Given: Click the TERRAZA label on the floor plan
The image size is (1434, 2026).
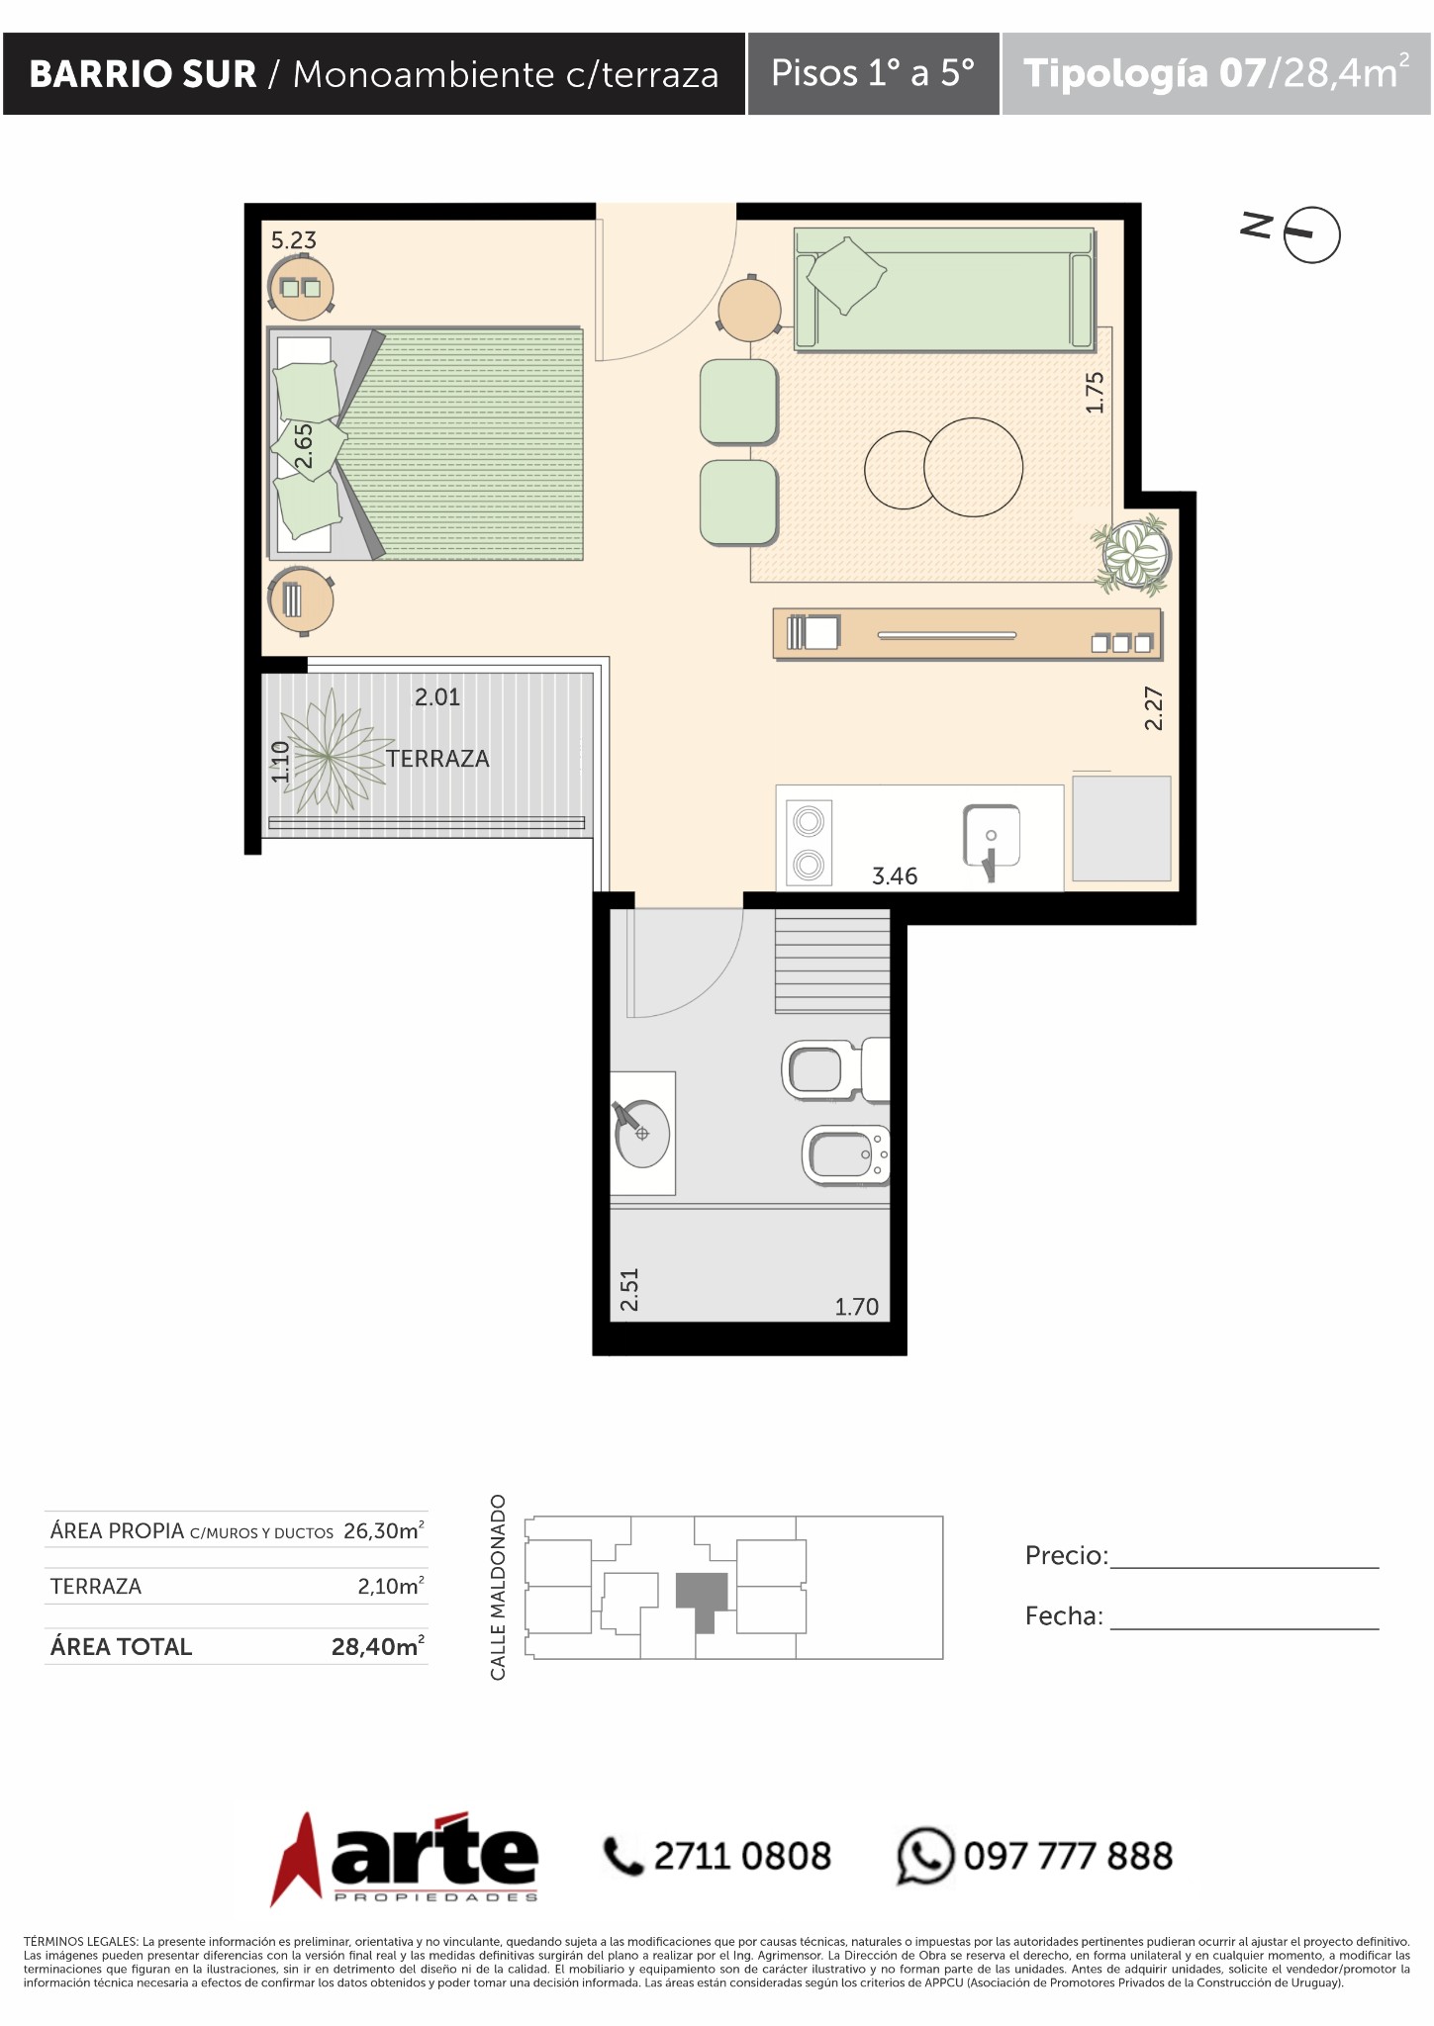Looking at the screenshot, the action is click(437, 759).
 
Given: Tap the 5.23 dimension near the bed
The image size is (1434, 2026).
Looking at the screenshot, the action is click(294, 240).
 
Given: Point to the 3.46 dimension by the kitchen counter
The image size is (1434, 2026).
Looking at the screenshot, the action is click(895, 876).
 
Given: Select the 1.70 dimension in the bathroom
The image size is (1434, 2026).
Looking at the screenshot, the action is click(856, 1307).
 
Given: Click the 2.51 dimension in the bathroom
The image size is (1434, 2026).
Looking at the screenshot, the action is click(629, 1290).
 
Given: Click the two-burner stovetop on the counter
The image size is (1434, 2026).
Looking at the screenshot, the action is click(809, 842).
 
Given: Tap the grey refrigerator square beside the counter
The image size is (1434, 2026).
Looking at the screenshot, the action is click(1121, 829).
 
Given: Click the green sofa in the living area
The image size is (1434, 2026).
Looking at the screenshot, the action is click(944, 289).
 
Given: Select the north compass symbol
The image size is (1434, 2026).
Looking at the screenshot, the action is click(1311, 234).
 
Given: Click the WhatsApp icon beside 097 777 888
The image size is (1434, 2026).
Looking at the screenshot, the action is click(925, 1855).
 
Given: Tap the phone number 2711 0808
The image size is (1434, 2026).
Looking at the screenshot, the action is click(742, 1856).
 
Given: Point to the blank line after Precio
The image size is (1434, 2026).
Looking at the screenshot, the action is click(1245, 1568).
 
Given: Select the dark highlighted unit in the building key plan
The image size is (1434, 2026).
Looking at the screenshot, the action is click(703, 1600).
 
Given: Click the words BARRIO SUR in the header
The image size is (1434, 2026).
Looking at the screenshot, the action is click(143, 74).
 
